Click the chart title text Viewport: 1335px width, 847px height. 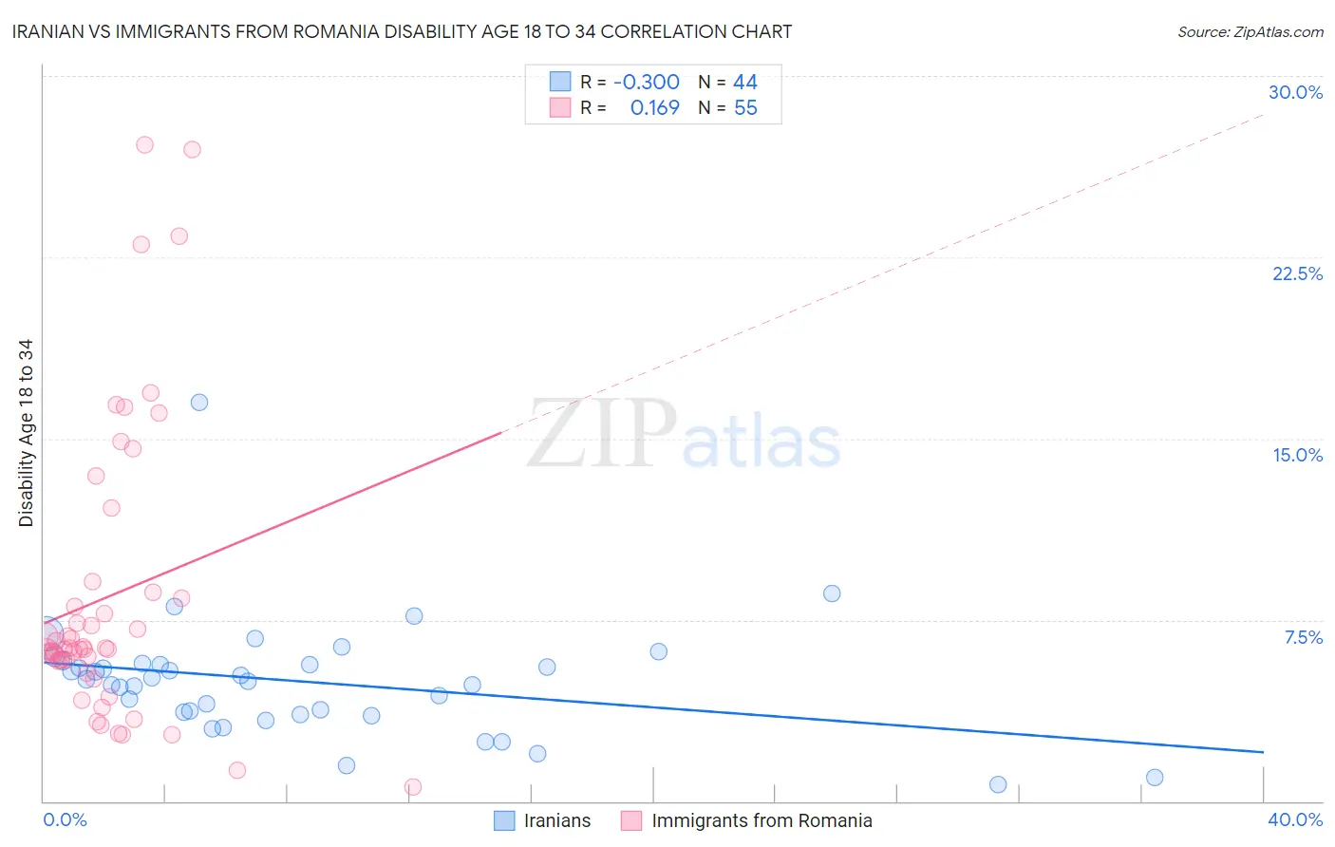pos(402,31)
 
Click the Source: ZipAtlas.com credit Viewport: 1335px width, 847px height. pos(1250,31)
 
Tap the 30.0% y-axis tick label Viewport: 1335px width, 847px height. pos(1295,92)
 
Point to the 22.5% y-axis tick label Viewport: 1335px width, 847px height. pos(1297,273)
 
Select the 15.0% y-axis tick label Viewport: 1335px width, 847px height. pos(1297,455)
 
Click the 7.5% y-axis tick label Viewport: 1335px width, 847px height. pos(1303,637)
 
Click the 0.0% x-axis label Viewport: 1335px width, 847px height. pos(65,819)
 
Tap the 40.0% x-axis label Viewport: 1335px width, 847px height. pos(1294,819)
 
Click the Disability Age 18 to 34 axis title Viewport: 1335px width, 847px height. pos(26,433)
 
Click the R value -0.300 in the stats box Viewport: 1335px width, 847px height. pos(647,83)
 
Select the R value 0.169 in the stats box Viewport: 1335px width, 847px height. pos(654,108)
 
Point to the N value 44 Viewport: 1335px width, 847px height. pos(745,83)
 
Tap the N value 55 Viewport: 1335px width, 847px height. pos(745,108)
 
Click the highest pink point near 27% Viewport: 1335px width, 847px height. pos(144,145)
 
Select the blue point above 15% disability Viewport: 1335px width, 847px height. pos(199,403)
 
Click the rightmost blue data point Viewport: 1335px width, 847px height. pos(1155,778)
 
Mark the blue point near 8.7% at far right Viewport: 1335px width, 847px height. pos(832,593)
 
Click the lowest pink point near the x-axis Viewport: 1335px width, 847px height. pos(413,787)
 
